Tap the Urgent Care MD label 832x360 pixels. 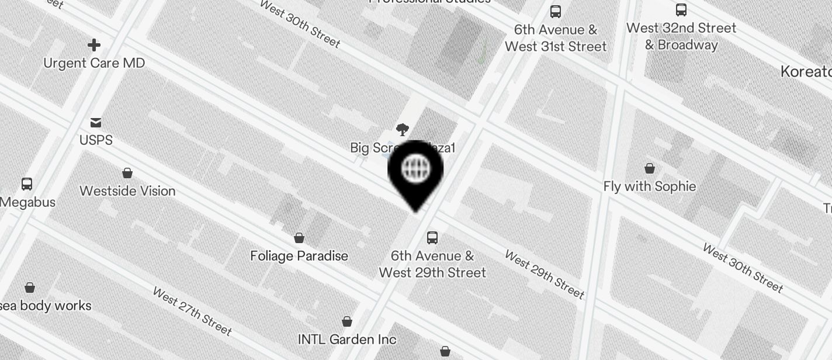(x=94, y=63)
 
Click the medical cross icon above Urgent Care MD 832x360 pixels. (x=93, y=45)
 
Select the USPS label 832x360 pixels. (x=96, y=140)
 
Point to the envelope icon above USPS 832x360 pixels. (x=96, y=122)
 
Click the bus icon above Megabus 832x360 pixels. (x=27, y=184)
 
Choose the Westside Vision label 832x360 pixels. (x=127, y=191)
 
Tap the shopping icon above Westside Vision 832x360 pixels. (x=127, y=173)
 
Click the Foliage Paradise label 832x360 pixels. (x=299, y=256)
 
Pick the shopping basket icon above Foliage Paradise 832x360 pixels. (x=299, y=238)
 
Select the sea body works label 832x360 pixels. (x=47, y=306)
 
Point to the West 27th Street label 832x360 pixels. (x=192, y=311)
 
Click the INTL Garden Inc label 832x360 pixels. (x=347, y=340)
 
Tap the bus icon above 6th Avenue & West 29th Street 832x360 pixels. (x=432, y=238)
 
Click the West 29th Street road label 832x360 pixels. (x=545, y=274)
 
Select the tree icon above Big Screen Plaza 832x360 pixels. (x=402, y=130)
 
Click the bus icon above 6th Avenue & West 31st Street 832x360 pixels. (x=556, y=12)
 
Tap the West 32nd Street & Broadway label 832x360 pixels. (x=681, y=36)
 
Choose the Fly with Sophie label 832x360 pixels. (x=650, y=186)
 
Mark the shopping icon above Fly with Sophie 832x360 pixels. (x=650, y=169)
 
